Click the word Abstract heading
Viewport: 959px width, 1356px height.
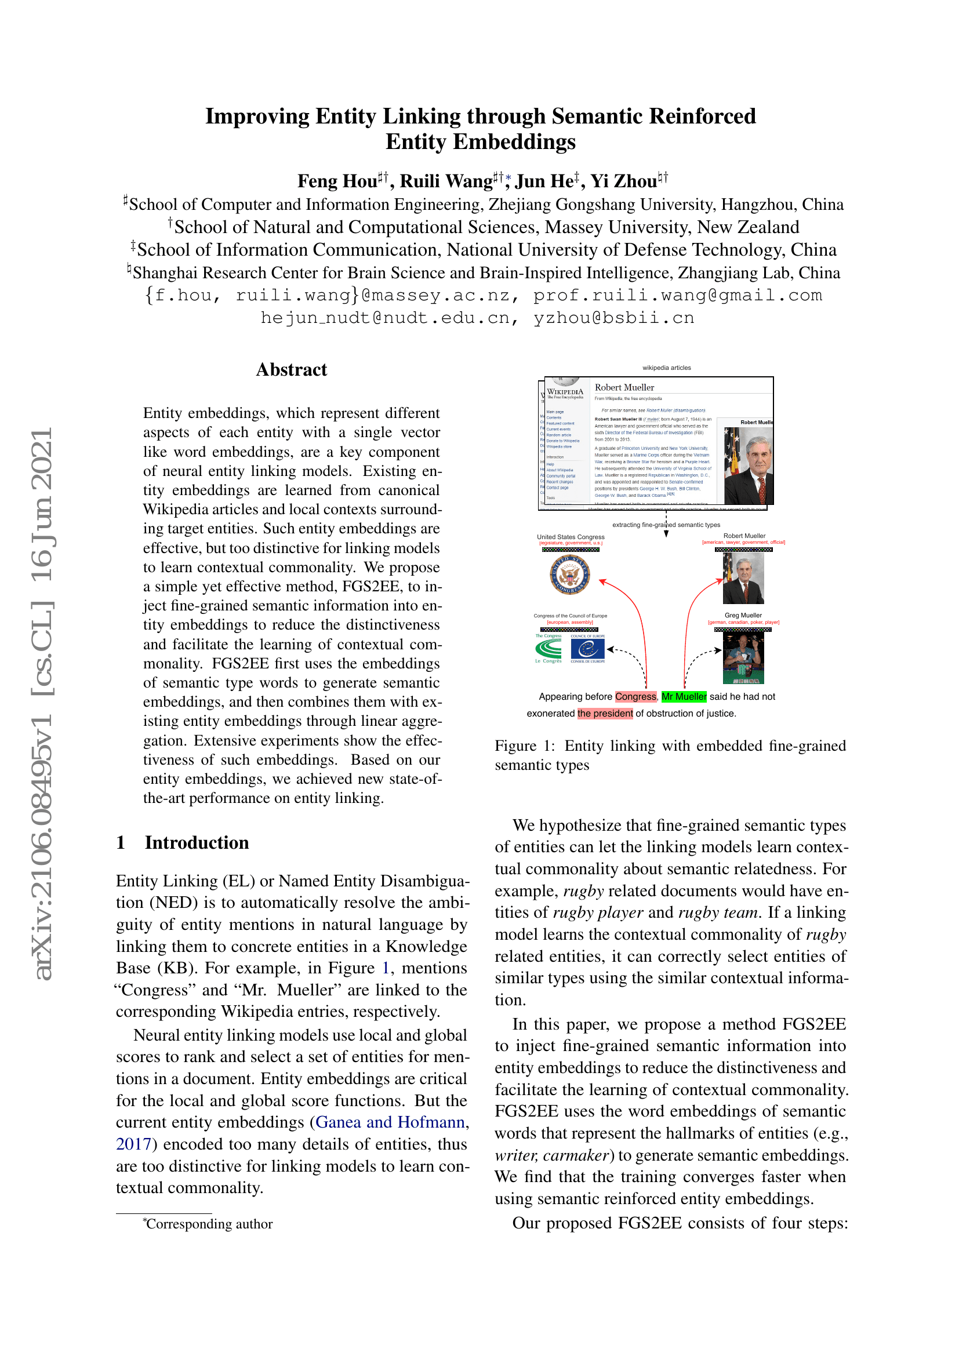[x=291, y=370]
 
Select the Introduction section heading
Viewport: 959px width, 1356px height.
[x=197, y=842]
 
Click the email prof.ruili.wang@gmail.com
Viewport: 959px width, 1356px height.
[x=677, y=295]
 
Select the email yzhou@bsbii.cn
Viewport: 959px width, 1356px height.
[x=613, y=318]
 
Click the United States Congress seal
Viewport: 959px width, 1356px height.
[x=570, y=574]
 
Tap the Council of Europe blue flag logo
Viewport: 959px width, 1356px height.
[x=587, y=649]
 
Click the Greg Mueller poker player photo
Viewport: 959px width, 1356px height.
[x=743, y=658]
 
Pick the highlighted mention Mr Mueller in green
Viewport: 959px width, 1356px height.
[x=684, y=697]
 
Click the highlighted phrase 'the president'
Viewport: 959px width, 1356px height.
[x=605, y=714]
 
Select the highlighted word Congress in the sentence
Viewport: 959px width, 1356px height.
[x=635, y=697]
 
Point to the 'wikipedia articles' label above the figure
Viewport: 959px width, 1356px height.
[x=667, y=368]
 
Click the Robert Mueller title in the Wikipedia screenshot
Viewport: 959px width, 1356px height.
[x=624, y=387]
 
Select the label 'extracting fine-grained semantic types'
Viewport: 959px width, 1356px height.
[x=666, y=525]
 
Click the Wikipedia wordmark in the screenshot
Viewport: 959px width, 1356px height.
[x=565, y=391]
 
